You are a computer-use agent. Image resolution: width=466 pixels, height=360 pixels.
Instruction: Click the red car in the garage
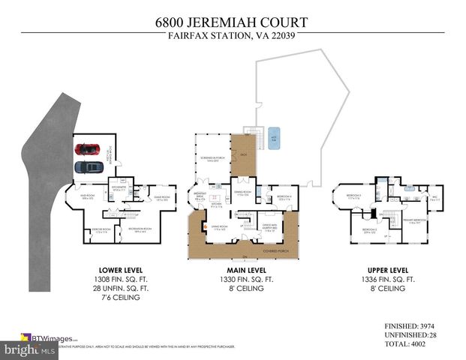pos(89,148)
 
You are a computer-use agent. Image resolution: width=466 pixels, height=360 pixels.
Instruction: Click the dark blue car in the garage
pos(89,166)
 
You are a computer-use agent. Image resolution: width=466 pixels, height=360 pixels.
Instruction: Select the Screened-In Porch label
pos(212,160)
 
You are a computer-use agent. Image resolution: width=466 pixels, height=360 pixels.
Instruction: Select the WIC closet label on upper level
pos(434,199)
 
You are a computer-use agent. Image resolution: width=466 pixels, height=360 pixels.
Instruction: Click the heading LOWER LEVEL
pos(120,269)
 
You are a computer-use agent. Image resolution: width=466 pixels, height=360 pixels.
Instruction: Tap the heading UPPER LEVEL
pos(389,269)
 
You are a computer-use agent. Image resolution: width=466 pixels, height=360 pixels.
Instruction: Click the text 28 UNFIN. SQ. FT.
pos(120,287)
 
